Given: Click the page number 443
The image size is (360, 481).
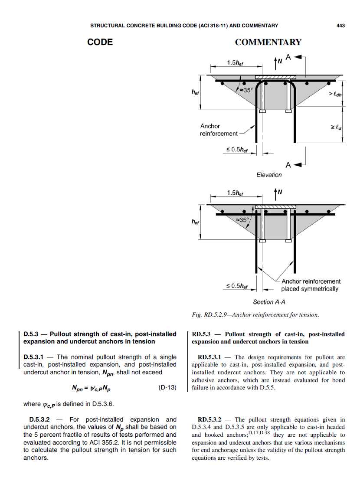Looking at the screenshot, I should [x=340, y=26].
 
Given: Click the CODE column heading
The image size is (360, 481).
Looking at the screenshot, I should [x=100, y=42].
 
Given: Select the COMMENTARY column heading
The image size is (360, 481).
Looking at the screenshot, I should [x=268, y=42].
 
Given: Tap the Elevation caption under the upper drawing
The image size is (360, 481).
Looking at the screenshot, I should [x=269, y=175].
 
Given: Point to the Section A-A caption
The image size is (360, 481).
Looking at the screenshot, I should [x=269, y=302].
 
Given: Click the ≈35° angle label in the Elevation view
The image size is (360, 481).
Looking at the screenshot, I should [x=245, y=90].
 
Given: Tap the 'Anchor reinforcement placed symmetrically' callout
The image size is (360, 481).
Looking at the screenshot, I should [x=311, y=285].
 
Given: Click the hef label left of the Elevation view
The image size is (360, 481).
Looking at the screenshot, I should [x=196, y=92].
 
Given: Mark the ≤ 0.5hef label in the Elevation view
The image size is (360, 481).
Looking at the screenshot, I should [x=237, y=150].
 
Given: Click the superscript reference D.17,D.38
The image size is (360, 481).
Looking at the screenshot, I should [x=260, y=433].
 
